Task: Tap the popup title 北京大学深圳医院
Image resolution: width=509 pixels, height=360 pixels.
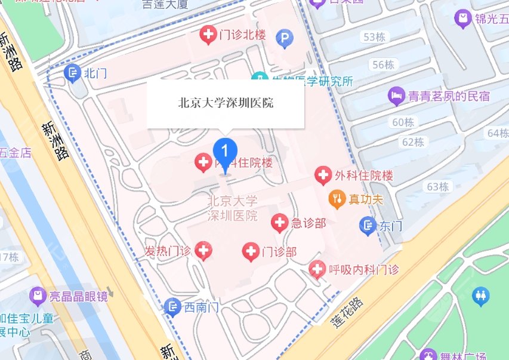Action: tap(226, 103)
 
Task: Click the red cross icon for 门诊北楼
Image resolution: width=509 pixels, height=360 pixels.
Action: tap(208, 36)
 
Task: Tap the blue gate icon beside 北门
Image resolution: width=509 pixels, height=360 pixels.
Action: tap(73, 73)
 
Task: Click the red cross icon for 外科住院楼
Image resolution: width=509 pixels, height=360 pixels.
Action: tap(323, 176)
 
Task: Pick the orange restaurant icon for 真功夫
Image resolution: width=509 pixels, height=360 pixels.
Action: tap(337, 198)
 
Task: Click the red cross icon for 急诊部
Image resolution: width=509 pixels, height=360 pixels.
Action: tap(279, 223)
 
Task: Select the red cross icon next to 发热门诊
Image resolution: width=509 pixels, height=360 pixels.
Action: tap(203, 251)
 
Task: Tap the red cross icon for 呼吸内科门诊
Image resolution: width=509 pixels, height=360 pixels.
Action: tap(317, 270)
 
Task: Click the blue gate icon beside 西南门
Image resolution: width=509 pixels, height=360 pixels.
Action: tap(172, 307)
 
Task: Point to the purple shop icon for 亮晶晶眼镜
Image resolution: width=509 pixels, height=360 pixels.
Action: tap(38, 296)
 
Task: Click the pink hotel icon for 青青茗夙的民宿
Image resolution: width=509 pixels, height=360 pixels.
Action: tap(396, 94)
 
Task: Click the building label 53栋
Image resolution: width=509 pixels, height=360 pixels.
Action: tap(374, 37)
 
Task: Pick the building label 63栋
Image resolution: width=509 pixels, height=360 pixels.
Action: tap(437, 186)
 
